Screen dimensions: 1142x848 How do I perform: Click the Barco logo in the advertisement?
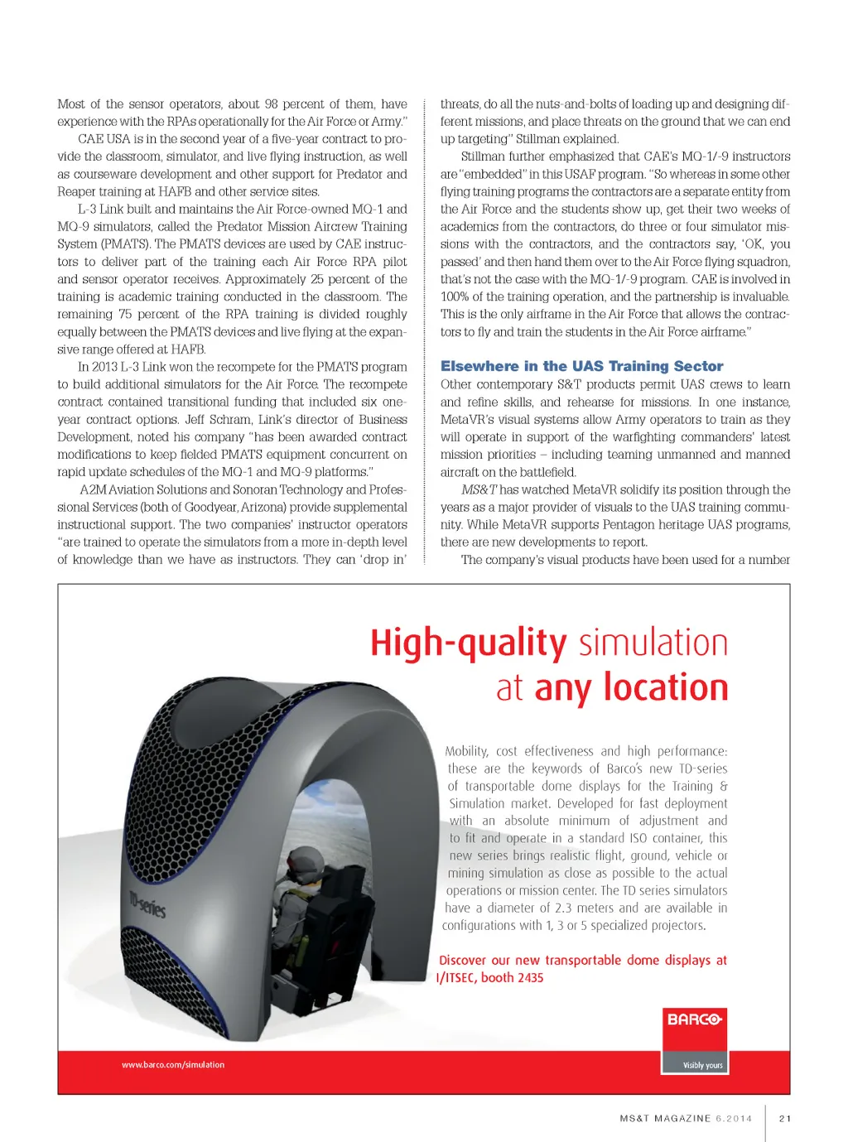(x=694, y=1019)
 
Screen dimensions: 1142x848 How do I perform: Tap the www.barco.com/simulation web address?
(x=173, y=1065)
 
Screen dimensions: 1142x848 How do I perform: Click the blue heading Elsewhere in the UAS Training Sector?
(x=581, y=366)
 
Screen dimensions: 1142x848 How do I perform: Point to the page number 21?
(x=785, y=1118)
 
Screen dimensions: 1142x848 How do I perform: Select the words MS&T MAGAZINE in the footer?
(x=665, y=1118)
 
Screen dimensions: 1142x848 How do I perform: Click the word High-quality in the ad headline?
(x=468, y=643)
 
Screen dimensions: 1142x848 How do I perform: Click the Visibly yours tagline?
(x=702, y=1066)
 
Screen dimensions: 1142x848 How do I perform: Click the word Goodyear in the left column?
(x=198, y=507)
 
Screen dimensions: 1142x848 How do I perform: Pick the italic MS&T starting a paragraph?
(x=479, y=489)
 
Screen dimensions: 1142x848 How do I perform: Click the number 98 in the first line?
(x=271, y=104)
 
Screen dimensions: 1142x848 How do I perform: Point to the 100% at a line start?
(x=454, y=296)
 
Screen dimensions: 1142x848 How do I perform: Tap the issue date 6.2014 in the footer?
(x=734, y=1118)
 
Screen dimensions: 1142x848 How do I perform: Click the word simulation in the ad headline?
(x=653, y=643)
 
